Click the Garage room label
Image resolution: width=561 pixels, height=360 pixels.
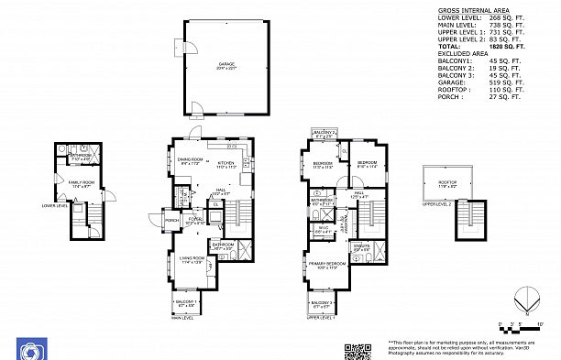point(225,64)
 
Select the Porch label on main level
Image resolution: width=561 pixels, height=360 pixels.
point(171,221)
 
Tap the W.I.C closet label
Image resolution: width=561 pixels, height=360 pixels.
point(324,230)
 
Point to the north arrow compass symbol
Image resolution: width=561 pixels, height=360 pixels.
point(522,300)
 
